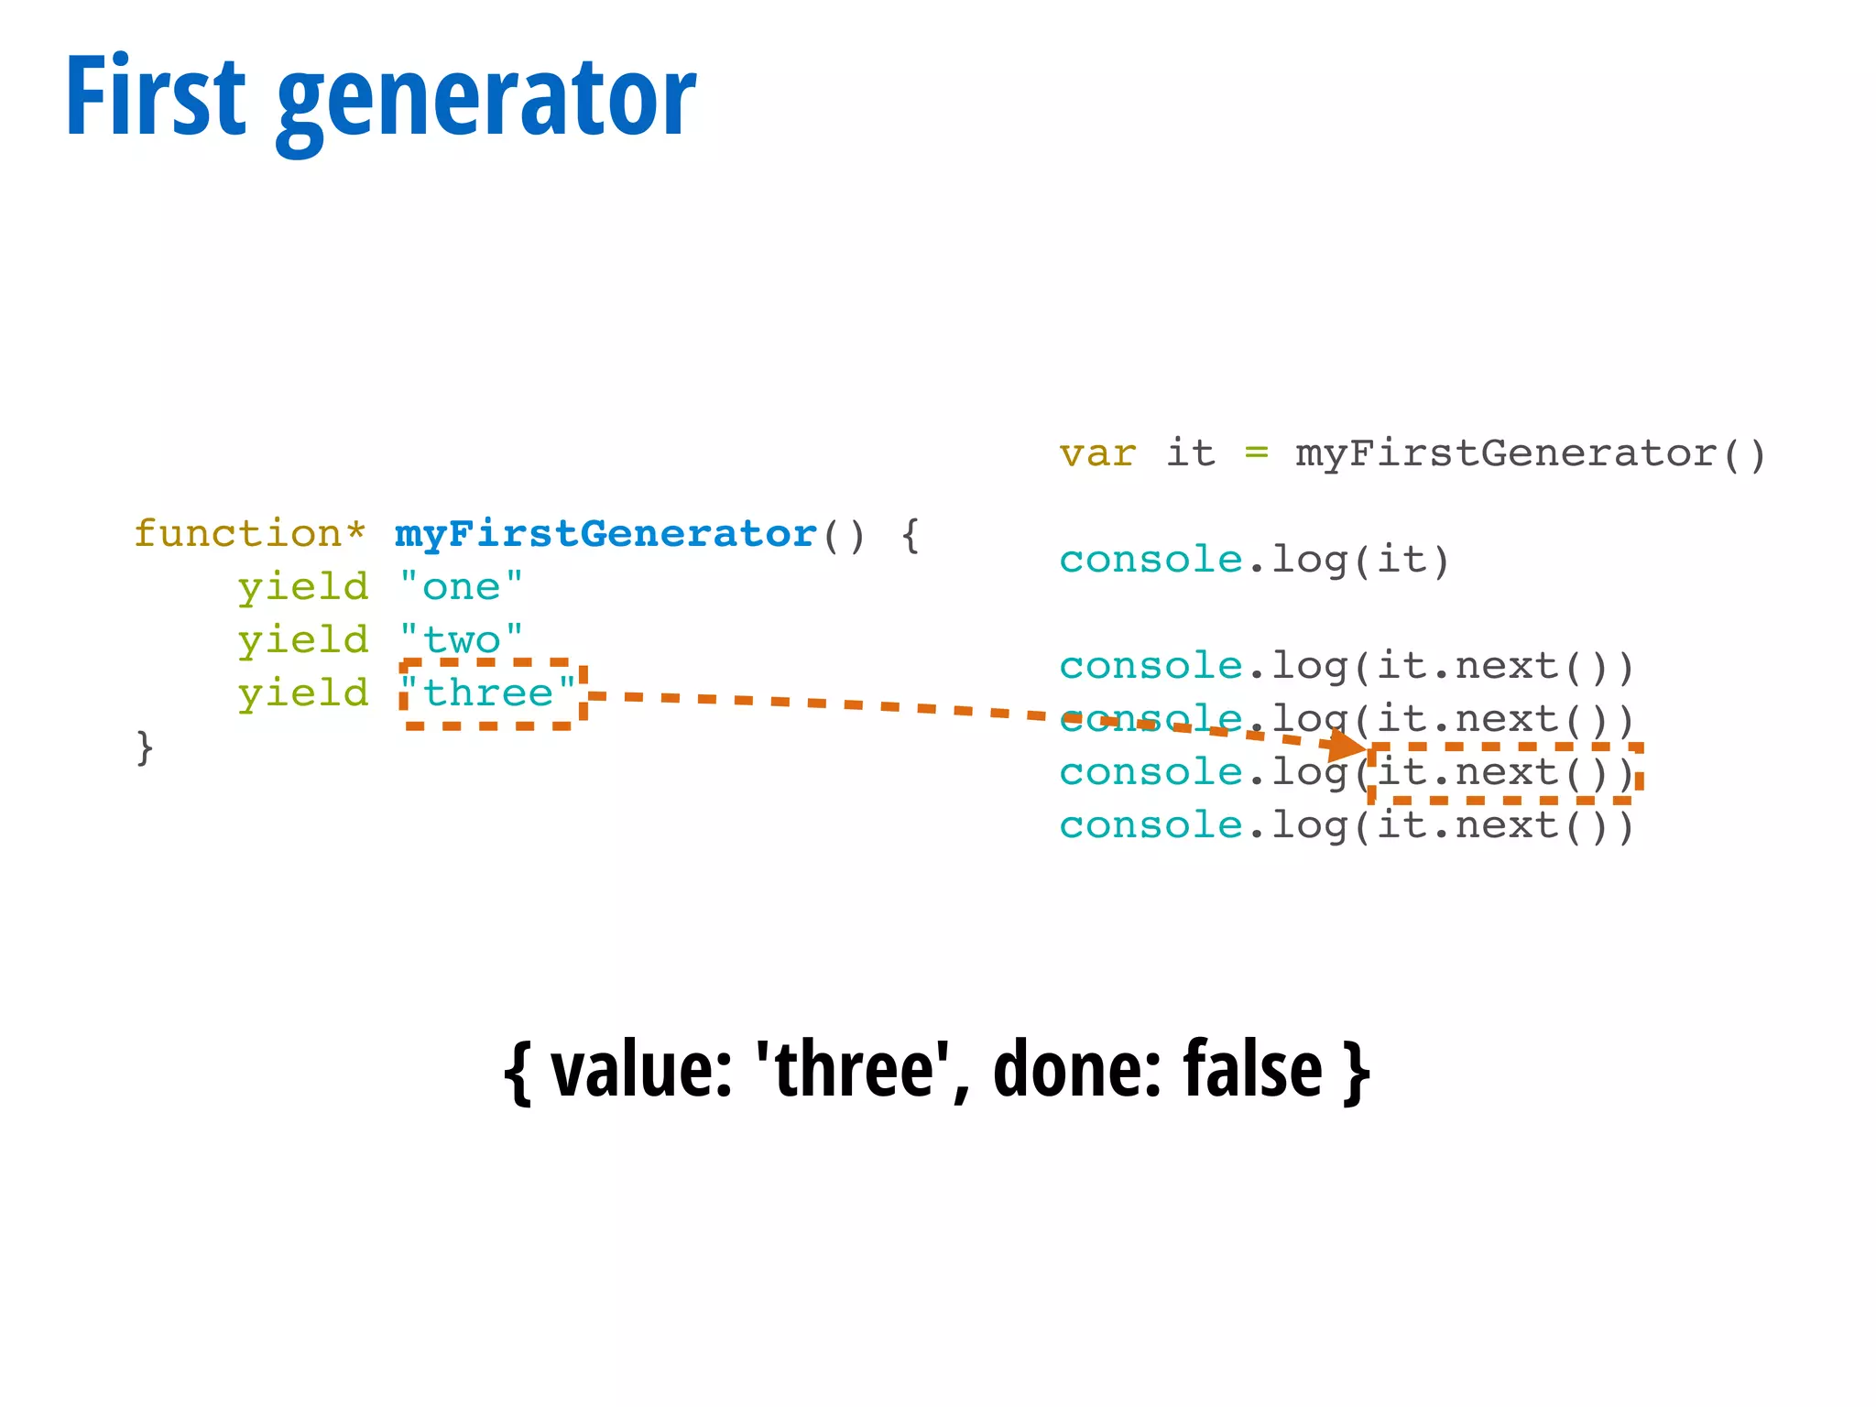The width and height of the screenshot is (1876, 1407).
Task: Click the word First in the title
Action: click(156, 96)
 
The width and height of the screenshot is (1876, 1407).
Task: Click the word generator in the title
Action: click(485, 101)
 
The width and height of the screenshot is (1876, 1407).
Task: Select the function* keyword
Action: click(249, 534)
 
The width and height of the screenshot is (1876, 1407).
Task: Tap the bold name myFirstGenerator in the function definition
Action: click(605, 534)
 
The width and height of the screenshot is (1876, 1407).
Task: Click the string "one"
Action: click(462, 587)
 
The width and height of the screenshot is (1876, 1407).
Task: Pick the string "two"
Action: click(462, 640)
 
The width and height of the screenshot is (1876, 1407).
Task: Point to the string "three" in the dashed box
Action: click(489, 693)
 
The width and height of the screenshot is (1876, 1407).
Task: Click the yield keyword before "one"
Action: click(302, 587)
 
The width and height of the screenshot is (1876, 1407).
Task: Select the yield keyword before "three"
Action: click(302, 693)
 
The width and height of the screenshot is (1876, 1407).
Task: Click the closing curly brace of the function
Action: click(145, 747)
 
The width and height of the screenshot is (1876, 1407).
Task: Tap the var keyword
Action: click(1097, 454)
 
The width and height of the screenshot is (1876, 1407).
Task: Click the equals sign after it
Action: click(1256, 453)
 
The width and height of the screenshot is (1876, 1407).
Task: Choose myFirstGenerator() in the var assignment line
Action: click(1530, 454)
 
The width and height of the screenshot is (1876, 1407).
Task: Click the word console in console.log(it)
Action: click(1151, 560)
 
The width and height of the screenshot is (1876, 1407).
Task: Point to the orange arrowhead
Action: click(1348, 745)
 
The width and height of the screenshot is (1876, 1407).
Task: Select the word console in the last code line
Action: click(1151, 826)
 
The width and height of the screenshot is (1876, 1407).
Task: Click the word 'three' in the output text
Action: click(853, 1070)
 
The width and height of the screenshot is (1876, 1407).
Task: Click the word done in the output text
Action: click(1068, 1070)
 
